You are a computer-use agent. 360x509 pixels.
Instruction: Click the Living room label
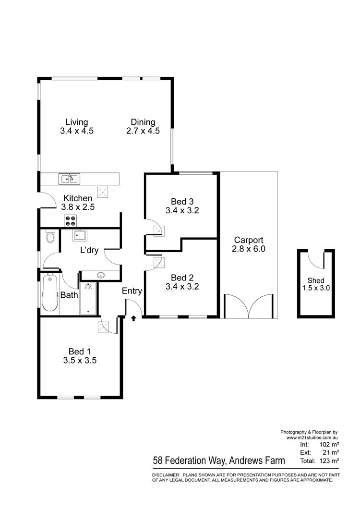(x=77, y=122)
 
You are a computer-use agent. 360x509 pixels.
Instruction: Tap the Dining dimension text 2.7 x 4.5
(x=143, y=131)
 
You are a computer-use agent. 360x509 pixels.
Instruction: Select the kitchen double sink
(x=69, y=179)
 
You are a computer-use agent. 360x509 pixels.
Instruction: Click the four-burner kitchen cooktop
(x=71, y=221)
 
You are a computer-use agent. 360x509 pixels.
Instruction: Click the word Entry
(x=132, y=291)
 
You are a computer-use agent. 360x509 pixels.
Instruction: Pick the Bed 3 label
(x=182, y=202)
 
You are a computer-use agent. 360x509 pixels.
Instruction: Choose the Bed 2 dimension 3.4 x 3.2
(x=182, y=287)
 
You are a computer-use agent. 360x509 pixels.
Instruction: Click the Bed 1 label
(x=80, y=351)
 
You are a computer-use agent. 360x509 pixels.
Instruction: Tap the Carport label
(x=249, y=240)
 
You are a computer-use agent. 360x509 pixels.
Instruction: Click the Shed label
(x=316, y=280)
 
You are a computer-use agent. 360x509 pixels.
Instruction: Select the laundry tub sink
(x=80, y=235)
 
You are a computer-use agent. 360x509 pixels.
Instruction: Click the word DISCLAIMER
(x=166, y=475)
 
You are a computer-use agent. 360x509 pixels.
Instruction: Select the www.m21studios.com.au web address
(x=312, y=437)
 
